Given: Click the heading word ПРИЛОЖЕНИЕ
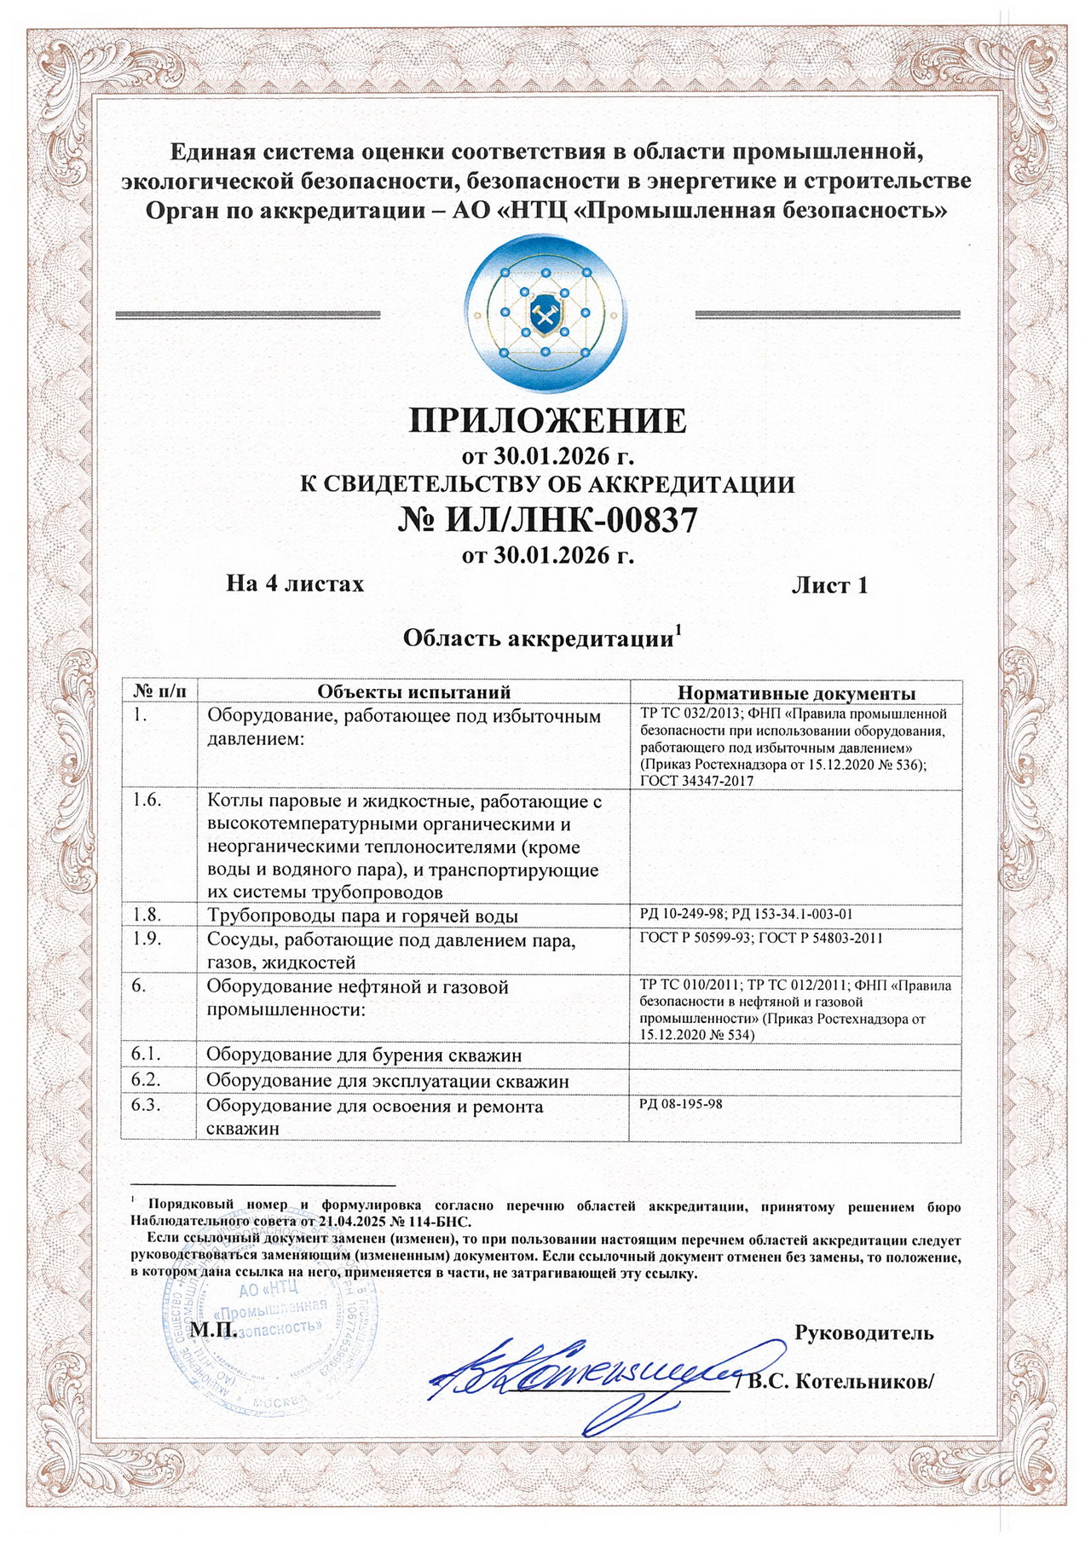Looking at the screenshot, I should click(x=547, y=420).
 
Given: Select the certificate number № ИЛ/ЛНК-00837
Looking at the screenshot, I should click(x=547, y=520).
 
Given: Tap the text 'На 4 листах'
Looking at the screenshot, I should click(x=295, y=584).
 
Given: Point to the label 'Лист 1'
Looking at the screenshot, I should click(x=829, y=586).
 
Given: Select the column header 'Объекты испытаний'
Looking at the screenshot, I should click(x=413, y=691).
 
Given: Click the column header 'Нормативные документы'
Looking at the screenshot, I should click(x=796, y=692).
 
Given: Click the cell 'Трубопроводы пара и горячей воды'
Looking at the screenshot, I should click(x=362, y=916).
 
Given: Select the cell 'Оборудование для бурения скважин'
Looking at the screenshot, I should click(x=364, y=1055).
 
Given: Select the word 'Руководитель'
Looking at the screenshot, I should click(x=863, y=1332).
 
